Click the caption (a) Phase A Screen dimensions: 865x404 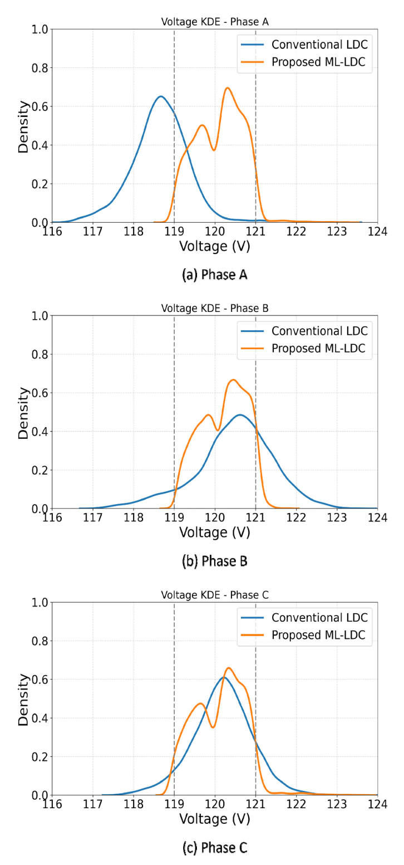click(214, 275)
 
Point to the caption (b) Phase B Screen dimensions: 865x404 click(214, 561)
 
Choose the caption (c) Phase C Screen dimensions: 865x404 click(214, 847)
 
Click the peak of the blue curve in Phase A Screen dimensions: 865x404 click(161, 96)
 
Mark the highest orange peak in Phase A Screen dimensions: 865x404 click(227, 87)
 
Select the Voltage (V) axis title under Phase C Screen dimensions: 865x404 click(214, 819)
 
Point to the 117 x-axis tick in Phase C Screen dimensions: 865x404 click(93, 804)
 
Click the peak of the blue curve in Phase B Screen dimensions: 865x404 click(240, 415)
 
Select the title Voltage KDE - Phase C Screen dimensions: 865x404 click(214, 595)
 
